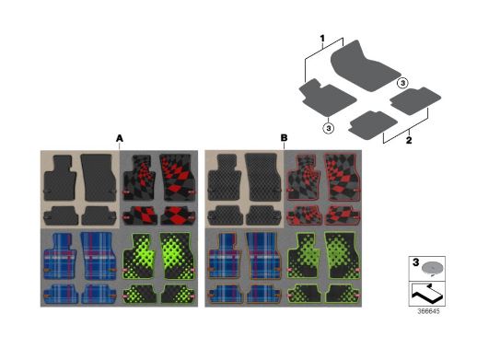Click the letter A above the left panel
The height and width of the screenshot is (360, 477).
click(120, 138)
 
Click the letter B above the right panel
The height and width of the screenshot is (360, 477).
click(284, 138)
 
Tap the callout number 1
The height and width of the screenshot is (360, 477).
click(322, 39)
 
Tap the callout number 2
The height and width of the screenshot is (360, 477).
click(409, 140)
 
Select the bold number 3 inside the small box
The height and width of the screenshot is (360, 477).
click(415, 262)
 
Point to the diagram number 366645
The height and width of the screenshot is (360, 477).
click(428, 311)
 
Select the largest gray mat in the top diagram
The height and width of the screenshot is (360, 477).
click(366, 66)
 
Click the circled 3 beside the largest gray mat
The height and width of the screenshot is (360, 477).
click(402, 83)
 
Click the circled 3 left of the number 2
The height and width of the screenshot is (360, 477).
click(329, 128)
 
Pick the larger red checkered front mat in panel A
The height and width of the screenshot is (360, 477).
click(178, 178)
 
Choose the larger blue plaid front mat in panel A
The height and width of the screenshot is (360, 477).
click(99, 256)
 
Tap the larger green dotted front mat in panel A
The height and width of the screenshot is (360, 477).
click(178, 256)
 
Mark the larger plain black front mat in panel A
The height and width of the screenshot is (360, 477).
click(99, 178)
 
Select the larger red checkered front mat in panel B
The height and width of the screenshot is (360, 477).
click(343, 177)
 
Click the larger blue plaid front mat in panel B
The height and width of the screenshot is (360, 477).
click(263, 256)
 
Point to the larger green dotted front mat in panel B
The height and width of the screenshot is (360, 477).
click(343, 256)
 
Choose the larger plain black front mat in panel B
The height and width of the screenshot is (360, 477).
click(263, 177)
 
